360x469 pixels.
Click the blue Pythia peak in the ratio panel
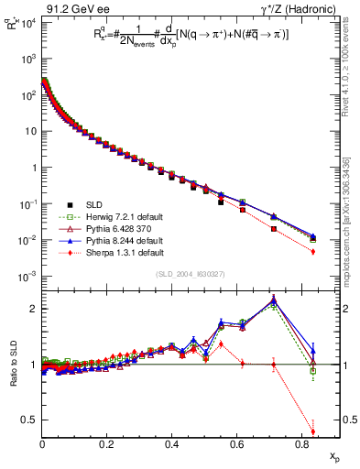pyautogui.click(x=275, y=300)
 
